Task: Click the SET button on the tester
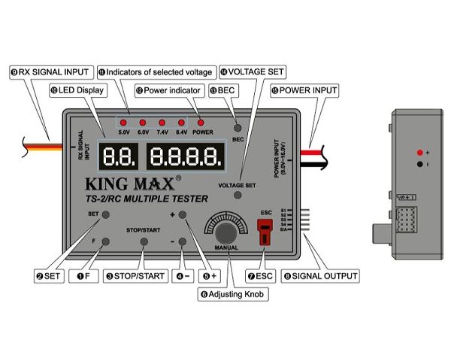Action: click(106, 215)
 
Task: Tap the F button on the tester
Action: click(106, 241)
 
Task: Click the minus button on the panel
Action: click(182, 241)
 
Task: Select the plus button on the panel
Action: click(182, 215)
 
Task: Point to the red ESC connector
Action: click(264, 235)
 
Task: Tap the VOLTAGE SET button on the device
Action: click(238, 194)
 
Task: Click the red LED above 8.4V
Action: click(180, 122)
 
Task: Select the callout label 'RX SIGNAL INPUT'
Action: click(46, 71)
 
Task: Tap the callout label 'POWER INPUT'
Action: click(305, 90)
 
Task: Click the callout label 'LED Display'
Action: click(77, 90)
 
